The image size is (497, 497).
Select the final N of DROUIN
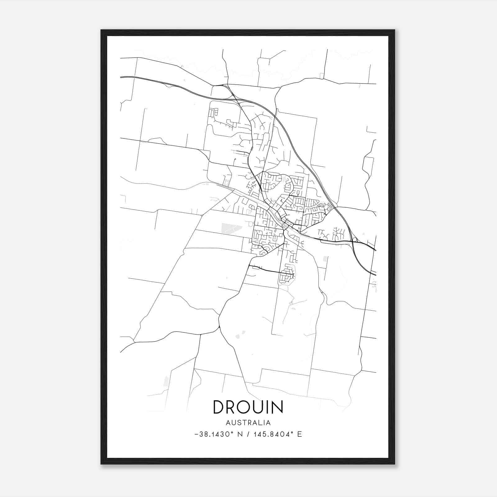(277, 407)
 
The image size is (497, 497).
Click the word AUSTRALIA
(248, 423)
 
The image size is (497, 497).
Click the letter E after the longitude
(299, 434)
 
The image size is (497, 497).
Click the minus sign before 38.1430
(197, 435)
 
